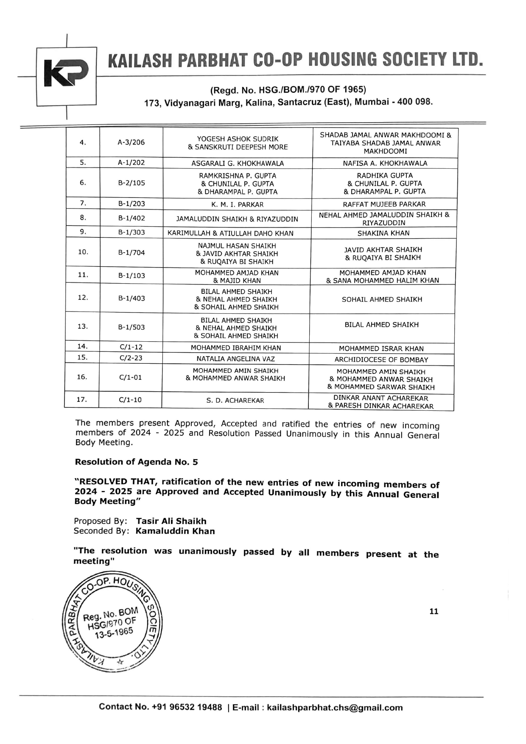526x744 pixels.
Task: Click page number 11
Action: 434,611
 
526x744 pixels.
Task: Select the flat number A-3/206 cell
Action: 131,142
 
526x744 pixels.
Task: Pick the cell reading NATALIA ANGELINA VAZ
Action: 235,359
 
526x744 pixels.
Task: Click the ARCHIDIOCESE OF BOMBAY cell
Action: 381,359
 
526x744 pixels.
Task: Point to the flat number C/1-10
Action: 130,400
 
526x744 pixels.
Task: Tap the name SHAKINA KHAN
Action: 383,233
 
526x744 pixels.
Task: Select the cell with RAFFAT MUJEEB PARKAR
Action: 384,204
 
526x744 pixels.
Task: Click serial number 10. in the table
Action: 83,252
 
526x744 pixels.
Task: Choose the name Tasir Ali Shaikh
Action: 171,521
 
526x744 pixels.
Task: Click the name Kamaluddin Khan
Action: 175,531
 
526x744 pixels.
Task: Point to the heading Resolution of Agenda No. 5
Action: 136,462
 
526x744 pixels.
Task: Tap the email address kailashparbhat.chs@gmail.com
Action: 335,708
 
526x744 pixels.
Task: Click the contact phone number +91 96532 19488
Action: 187,707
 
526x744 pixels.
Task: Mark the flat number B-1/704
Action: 131,253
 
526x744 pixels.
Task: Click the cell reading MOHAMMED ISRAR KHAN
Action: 381,348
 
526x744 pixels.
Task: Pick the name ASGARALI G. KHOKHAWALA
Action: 238,163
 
